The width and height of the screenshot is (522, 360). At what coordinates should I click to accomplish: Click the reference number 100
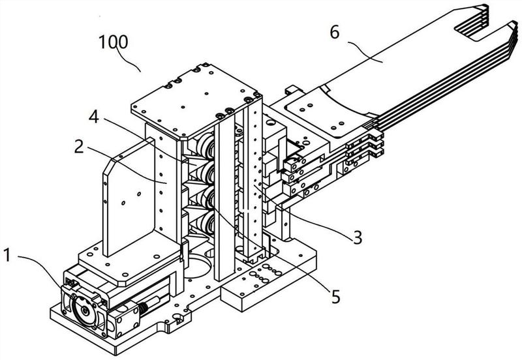click(x=113, y=42)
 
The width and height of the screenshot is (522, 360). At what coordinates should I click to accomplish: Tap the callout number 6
click(x=335, y=32)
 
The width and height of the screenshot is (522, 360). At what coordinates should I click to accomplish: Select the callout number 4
click(x=94, y=117)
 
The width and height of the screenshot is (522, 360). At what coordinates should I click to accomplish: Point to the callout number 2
click(x=79, y=146)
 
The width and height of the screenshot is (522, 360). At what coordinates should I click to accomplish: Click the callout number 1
click(x=7, y=256)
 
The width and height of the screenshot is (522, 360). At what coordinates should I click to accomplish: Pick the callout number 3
click(x=358, y=237)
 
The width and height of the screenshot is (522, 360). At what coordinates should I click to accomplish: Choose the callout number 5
click(x=336, y=297)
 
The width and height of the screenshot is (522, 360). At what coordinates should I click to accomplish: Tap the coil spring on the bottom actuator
click(x=144, y=308)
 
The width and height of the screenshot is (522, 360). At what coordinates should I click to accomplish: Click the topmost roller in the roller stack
click(x=206, y=147)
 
